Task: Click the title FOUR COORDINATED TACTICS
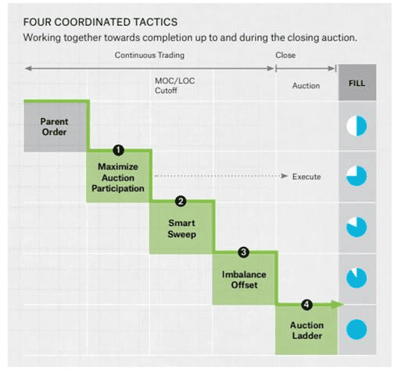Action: pos(100,22)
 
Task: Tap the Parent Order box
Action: pos(56,127)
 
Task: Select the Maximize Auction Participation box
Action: pos(118,177)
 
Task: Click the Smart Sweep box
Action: pos(181,228)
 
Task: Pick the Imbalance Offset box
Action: pos(244,280)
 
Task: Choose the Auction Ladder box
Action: pos(306,330)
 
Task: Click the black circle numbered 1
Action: pos(118,150)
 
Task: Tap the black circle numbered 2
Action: pos(181,202)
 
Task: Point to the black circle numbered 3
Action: pos(244,252)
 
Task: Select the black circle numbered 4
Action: pos(306,305)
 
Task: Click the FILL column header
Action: pos(357,83)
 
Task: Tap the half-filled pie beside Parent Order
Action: pos(356,126)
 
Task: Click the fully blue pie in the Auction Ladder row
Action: pos(356,330)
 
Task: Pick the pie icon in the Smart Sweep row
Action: pos(356,227)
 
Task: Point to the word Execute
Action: pos(306,177)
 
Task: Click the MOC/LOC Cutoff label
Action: pos(174,85)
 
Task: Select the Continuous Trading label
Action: pos(149,55)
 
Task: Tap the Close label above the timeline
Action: pos(285,55)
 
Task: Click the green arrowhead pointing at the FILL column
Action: pos(338,305)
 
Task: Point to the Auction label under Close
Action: pos(306,86)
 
